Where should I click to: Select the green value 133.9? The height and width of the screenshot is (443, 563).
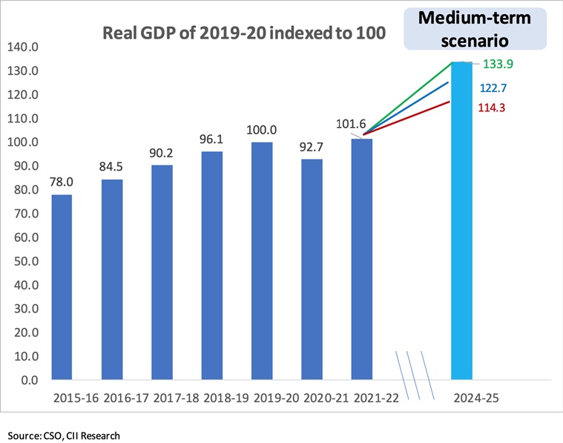click(498, 64)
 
